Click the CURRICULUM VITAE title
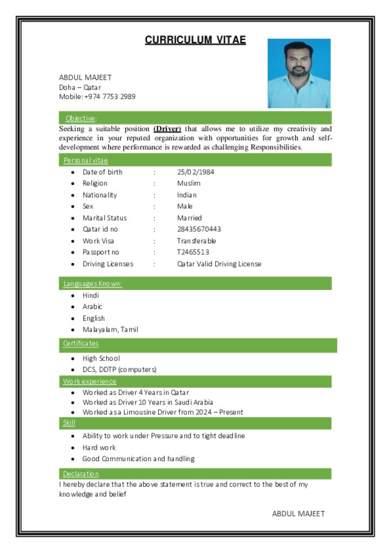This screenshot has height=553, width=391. click(x=195, y=40)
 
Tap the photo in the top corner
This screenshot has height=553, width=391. click(x=299, y=73)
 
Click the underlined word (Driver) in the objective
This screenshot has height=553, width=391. click(x=167, y=129)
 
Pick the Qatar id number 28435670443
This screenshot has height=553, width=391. click(x=199, y=229)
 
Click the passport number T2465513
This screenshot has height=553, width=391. click(x=193, y=252)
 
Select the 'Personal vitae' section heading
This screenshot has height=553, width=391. click(x=85, y=160)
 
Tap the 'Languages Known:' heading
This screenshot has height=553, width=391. click(x=92, y=284)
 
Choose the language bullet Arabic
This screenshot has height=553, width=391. click(x=92, y=307)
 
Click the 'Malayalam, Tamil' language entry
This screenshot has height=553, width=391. click(x=110, y=329)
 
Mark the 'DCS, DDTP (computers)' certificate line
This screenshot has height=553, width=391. click(x=119, y=369)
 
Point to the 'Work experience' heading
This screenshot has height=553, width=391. click(x=89, y=381)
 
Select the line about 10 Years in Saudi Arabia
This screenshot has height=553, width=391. click(x=147, y=402)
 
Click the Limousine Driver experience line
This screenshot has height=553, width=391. click(x=163, y=412)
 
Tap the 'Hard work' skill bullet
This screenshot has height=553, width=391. click(x=99, y=447)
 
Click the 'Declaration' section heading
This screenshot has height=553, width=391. click(x=80, y=474)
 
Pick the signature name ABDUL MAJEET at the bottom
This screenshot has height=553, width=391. click(x=298, y=514)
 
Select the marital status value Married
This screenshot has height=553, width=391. click(x=189, y=218)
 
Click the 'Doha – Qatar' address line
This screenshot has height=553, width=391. click(x=80, y=87)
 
